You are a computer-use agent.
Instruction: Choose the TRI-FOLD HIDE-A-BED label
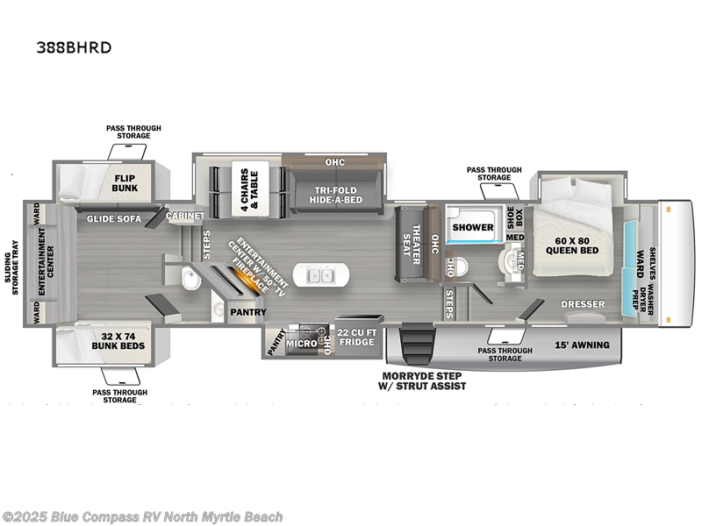[x=326, y=195]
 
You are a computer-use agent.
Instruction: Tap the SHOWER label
[x=473, y=228]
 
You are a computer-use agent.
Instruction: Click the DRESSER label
[x=584, y=303]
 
